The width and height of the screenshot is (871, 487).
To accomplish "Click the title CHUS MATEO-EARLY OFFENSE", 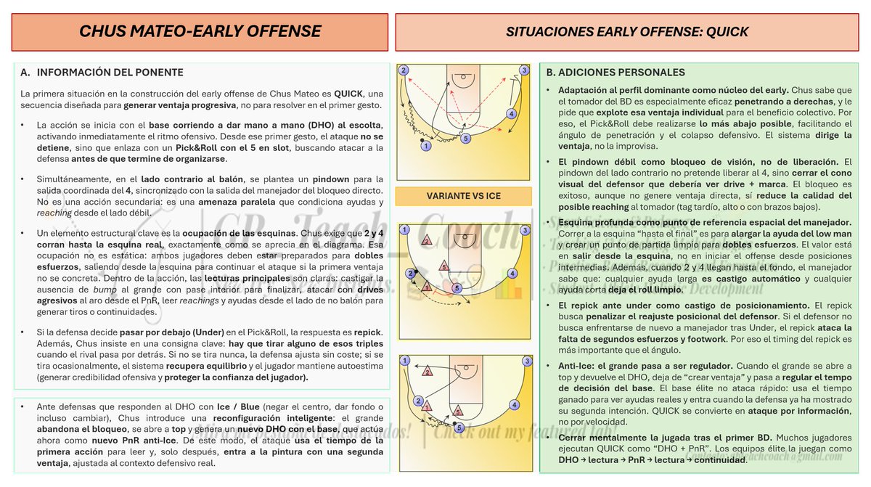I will tap(200, 32).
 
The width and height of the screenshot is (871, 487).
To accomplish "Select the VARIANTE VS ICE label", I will tap(463, 196).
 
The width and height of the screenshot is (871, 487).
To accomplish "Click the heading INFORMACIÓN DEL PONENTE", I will tap(110, 73).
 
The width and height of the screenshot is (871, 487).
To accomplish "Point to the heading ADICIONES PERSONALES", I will tap(621, 73).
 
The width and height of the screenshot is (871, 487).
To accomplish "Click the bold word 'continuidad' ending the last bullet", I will tap(714, 461).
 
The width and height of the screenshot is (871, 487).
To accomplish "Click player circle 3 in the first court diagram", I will tap(524, 70).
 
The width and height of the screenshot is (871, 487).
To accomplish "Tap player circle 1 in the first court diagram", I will tap(425, 146).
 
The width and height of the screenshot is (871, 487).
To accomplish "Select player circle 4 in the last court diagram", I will tap(513, 404).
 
